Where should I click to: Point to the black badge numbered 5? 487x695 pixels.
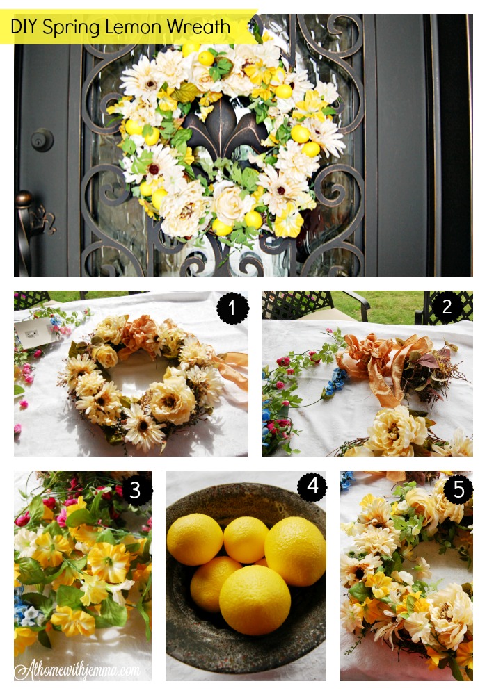point(458,489)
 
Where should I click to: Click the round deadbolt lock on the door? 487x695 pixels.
point(42,139)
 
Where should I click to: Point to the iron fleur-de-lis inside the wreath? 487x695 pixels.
point(216,132)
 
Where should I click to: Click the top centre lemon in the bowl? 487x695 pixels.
point(246,539)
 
